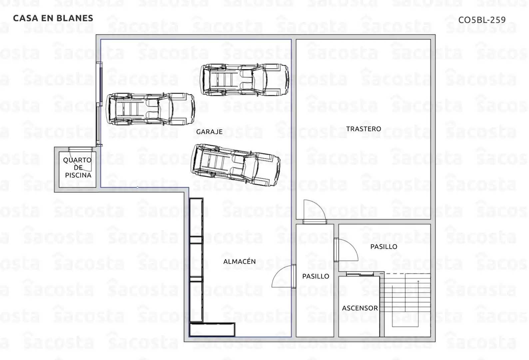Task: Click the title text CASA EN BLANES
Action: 53,18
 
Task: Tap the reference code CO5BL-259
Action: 482,20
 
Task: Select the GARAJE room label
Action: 210,132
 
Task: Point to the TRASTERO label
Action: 364,129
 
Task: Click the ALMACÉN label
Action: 240,261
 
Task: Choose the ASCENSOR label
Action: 360,308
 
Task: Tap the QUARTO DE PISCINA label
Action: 78,168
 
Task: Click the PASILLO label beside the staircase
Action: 384,247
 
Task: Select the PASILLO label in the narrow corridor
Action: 316,276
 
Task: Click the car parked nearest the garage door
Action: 151,109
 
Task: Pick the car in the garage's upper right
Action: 245,80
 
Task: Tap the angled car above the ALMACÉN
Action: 236,165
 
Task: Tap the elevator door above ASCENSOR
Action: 360,274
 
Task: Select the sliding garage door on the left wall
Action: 99,104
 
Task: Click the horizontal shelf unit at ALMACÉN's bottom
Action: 212,329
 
